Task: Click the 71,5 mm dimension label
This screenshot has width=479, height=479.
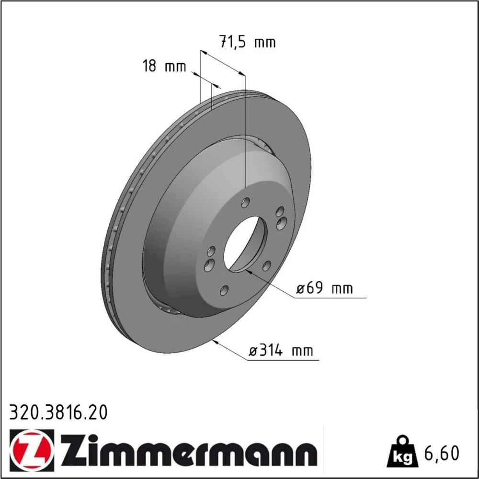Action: pos(248,42)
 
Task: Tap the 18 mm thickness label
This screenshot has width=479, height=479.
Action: pos(164,66)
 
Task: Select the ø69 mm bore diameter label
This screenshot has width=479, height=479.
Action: pos(324,288)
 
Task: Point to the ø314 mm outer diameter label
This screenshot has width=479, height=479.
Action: pos(281,351)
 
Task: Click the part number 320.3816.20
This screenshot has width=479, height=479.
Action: pos(58,412)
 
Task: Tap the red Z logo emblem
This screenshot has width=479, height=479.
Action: pos(32,450)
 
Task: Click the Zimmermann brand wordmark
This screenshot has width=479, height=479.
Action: pos(188,450)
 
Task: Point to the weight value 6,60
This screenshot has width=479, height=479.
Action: pos(442,453)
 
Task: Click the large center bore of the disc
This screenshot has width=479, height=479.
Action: pos(245,244)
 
